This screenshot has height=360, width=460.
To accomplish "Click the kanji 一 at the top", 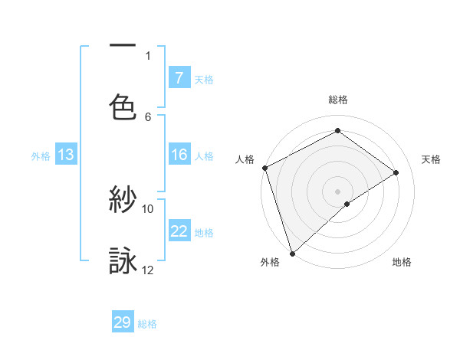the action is pyautogui.click(x=123, y=47).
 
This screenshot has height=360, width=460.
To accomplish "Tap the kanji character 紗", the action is pyautogui.click(x=123, y=201).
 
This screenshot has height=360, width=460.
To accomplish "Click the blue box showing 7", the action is pyautogui.click(x=179, y=77).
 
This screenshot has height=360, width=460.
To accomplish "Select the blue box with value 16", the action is pyautogui.click(x=179, y=155).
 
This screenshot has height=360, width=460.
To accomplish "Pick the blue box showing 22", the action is pyautogui.click(x=179, y=231).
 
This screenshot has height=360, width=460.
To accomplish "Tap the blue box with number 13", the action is pyautogui.click(x=66, y=155).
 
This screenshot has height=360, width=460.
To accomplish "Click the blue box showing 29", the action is pyautogui.click(x=123, y=322).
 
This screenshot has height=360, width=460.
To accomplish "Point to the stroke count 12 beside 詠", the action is pyautogui.click(x=148, y=270).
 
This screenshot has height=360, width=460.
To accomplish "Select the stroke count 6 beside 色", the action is pyautogui.click(x=148, y=116).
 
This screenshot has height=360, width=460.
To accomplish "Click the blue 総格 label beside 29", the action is pyautogui.click(x=148, y=324).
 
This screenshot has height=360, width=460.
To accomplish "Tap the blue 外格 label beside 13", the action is pyautogui.click(x=41, y=156).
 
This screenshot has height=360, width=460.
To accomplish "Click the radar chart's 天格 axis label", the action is pyautogui.click(x=432, y=159).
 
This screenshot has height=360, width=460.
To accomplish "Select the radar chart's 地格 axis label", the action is pyautogui.click(x=402, y=262).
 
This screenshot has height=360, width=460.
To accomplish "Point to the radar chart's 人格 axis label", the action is pyautogui.click(x=245, y=159).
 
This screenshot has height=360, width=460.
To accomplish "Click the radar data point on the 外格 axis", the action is pyautogui.click(x=291, y=253).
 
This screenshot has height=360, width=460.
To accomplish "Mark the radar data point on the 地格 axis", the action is pyautogui.click(x=347, y=204).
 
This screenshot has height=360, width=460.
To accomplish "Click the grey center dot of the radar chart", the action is pyautogui.click(x=337, y=191).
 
